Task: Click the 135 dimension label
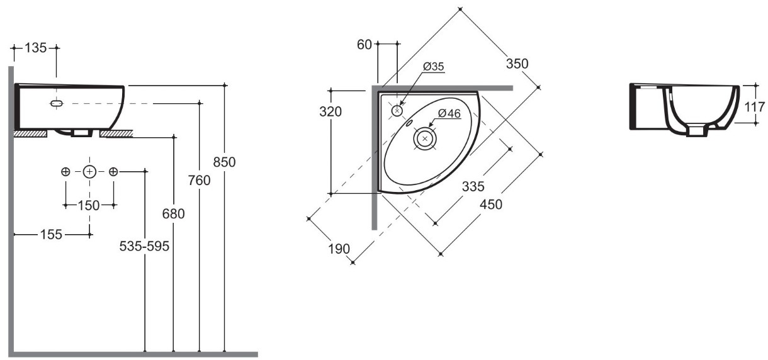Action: (x=35, y=48)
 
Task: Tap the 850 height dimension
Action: (x=224, y=162)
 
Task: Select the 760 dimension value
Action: (x=199, y=181)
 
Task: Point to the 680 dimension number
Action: (x=174, y=214)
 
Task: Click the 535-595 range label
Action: (x=144, y=246)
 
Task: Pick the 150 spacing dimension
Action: (x=89, y=206)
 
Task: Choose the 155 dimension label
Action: (x=52, y=235)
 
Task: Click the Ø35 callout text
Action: (x=433, y=67)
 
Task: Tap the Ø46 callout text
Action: (x=449, y=113)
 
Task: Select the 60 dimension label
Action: (x=364, y=45)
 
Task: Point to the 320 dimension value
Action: (x=330, y=112)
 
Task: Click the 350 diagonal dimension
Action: (x=517, y=64)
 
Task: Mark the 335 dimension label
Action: (x=473, y=186)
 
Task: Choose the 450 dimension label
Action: (x=491, y=205)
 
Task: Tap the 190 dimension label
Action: (x=339, y=249)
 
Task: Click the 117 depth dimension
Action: (x=755, y=107)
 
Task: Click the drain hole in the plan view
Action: (x=425, y=138)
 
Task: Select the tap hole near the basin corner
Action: (x=397, y=111)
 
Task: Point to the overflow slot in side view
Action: (x=57, y=103)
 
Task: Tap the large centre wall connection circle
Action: (x=89, y=171)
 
